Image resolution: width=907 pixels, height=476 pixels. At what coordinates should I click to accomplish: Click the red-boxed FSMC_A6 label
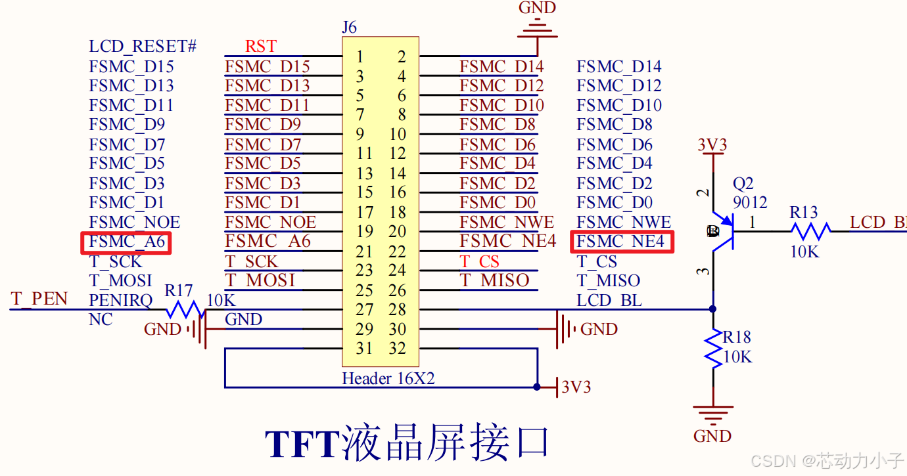[126, 242]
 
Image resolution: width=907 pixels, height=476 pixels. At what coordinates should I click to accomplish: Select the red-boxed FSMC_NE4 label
[621, 242]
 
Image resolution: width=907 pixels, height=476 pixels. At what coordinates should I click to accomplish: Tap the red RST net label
[261, 47]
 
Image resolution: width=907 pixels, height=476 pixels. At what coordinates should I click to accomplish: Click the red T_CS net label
[480, 262]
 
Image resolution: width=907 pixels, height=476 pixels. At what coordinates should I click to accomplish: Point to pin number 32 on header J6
[398, 349]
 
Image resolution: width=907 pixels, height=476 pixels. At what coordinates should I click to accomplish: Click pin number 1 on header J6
[360, 56]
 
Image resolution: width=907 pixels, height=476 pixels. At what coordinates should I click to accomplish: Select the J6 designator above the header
[349, 28]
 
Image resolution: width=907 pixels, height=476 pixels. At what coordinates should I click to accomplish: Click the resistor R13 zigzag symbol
[810, 230]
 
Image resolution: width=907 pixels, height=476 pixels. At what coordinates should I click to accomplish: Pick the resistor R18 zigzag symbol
[713, 348]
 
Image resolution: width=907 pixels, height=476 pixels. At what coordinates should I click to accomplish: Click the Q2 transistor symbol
[722, 231]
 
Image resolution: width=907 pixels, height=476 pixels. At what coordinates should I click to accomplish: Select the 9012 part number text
[750, 203]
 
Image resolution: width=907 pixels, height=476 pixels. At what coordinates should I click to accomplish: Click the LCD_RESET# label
[143, 47]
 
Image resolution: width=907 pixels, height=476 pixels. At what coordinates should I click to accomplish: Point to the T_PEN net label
[39, 299]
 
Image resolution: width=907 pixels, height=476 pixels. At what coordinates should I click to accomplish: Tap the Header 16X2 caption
[388, 379]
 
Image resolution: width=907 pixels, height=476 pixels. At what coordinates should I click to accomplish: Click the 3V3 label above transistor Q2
[712, 145]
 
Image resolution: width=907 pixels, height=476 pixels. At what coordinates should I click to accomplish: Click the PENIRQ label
[121, 301]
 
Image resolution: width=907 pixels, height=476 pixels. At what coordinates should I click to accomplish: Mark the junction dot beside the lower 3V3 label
[537, 387]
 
